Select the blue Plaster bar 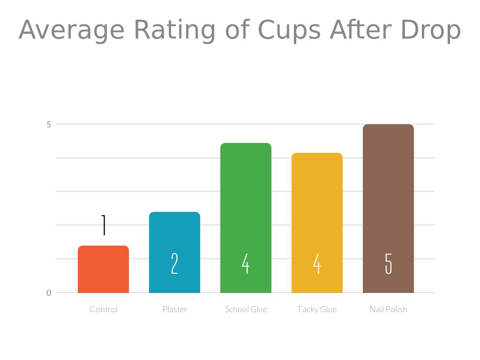[174, 234]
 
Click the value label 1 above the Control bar [104, 225]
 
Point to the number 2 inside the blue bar [174, 263]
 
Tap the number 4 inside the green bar [246, 263]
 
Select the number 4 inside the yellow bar [317, 263]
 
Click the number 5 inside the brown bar [388, 263]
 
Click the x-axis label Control [104, 309]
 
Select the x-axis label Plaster [174, 309]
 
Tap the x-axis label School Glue [246, 309]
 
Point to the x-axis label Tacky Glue [317, 309]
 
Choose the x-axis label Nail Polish [388, 309]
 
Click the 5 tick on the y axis [48, 125]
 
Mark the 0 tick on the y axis [48, 293]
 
